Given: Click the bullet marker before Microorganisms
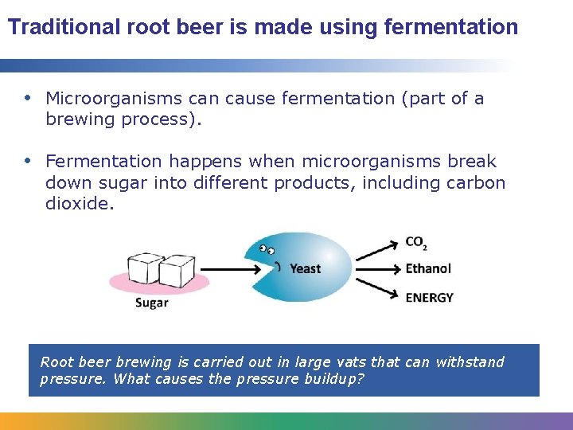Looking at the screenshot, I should [x=29, y=98].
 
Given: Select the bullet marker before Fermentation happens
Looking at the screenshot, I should [x=29, y=161].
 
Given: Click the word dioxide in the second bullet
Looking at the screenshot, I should [x=77, y=204].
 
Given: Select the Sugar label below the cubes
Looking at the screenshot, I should [x=151, y=303].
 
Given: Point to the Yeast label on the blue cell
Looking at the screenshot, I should [x=306, y=268].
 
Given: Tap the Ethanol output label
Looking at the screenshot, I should [x=428, y=268].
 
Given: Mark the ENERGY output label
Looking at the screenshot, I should [x=429, y=297].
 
